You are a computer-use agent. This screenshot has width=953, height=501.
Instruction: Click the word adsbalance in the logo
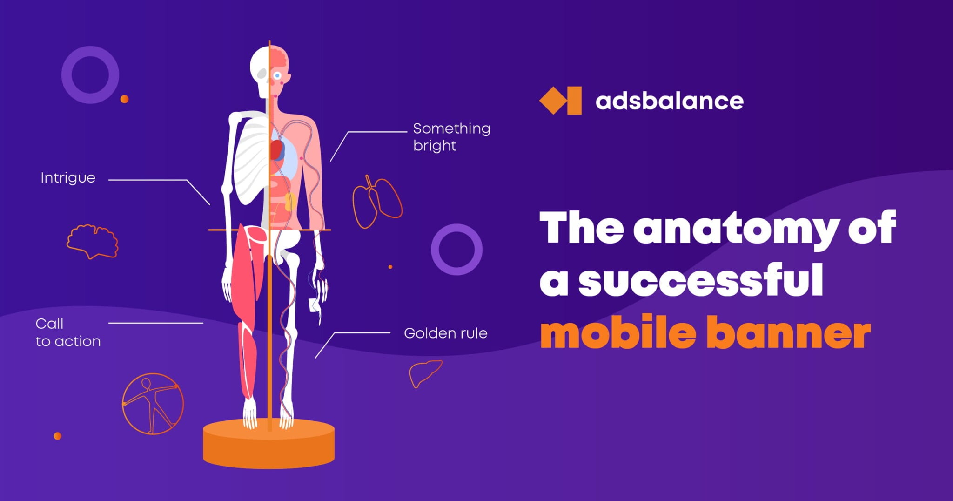tap(669, 101)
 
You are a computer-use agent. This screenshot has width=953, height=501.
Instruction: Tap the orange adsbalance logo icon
tap(560, 100)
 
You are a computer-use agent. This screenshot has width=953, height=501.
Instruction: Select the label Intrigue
tap(68, 178)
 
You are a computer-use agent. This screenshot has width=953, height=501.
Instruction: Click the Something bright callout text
tap(451, 137)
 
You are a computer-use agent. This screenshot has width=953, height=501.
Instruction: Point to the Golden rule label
tap(445, 333)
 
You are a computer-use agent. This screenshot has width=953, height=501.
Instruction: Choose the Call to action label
tap(67, 332)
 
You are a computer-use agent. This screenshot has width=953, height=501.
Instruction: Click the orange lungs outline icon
tap(377, 202)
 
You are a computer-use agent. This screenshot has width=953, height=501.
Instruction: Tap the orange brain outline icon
tap(92, 241)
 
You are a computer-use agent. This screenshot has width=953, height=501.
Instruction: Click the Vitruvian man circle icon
tap(153, 404)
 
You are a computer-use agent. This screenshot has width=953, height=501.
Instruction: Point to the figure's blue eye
tap(278, 75)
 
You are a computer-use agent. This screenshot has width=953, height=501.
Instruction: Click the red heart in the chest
tap(277, 149)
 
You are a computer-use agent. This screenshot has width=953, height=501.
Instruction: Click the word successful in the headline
tap(700, 280)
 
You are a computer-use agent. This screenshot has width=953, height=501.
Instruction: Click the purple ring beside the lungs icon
tap(456, 250)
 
